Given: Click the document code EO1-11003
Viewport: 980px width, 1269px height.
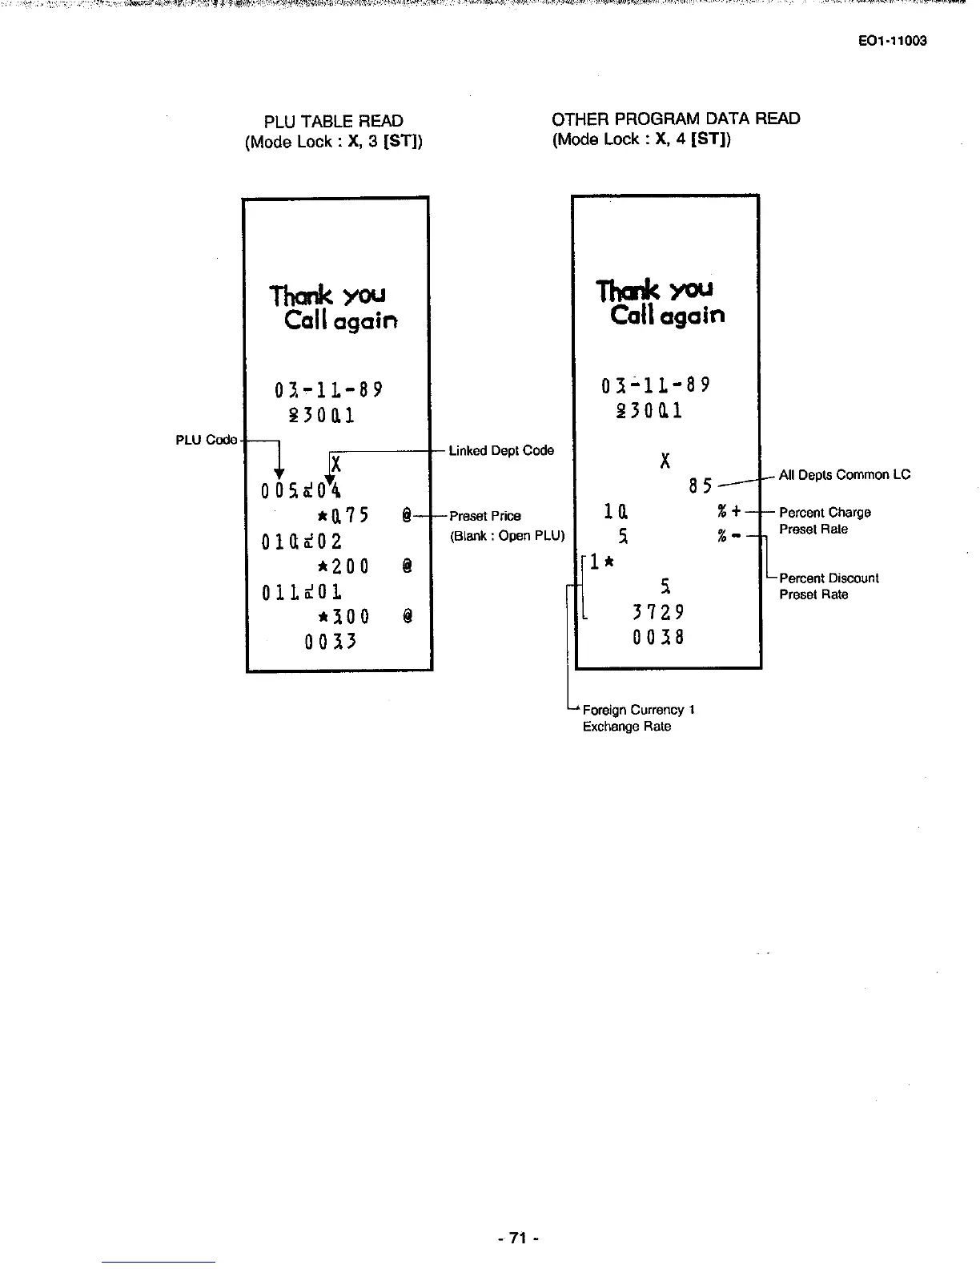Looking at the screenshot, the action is [892, 41].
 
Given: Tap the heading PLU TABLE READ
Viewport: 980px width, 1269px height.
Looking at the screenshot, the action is [334, 122].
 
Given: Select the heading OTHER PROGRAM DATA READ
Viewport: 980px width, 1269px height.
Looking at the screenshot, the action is [676, 119].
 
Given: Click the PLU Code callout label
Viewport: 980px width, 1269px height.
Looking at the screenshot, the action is [207, 440].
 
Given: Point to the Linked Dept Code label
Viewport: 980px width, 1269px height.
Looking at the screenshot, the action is [501, 451].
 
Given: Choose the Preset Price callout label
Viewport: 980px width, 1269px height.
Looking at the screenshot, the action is [485, 517].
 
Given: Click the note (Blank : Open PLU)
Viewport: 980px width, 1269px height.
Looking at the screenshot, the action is [508, 536].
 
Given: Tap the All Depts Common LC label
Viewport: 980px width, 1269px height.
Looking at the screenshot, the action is [845, 475].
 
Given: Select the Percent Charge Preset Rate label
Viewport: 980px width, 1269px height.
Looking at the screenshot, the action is [825, 521].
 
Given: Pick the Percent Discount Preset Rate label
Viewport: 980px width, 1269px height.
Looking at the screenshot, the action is [829, 586].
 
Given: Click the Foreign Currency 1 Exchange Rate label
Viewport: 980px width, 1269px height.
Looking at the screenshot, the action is [638, 718].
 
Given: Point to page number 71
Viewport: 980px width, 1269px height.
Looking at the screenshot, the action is [519, 1239].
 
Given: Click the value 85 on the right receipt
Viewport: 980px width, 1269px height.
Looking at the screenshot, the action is [700, 486].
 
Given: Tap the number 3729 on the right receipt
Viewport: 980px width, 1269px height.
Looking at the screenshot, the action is [658, 613].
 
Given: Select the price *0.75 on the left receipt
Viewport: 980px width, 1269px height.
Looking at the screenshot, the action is [343, 515].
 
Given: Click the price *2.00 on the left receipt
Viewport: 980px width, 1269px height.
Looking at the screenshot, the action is [343, 566].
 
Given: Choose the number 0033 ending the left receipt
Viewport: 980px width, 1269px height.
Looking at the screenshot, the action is [330, 642].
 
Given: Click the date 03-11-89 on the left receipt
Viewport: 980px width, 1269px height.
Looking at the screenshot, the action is [328, 390].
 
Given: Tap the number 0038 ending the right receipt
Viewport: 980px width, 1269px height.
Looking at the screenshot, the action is [658, 638].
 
